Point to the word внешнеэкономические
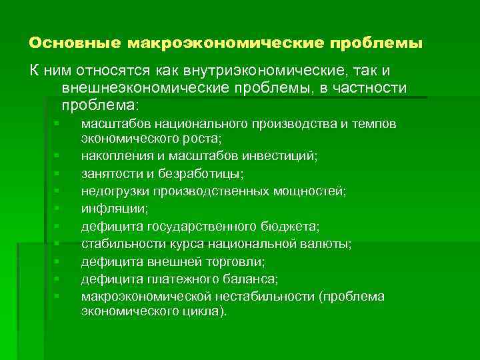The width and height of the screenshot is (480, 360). click(137, 88)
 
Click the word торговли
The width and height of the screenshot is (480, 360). click(237, 261)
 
